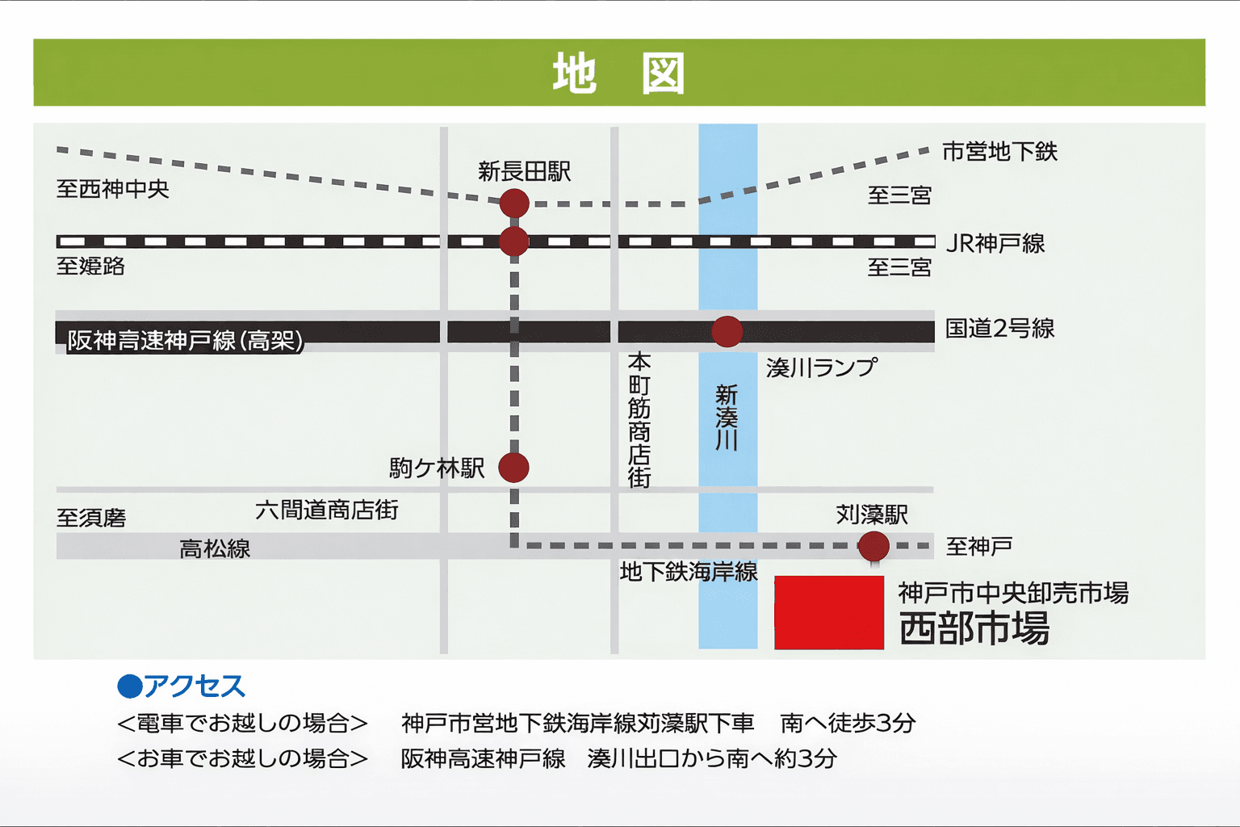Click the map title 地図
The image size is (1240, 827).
tap(618, 73)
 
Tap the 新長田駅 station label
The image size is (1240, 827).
tap(524, 171)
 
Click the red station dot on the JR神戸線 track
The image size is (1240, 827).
tap(514, 241)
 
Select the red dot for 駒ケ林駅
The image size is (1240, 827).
tap(513, 467)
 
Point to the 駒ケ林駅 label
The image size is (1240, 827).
tap(437, 468)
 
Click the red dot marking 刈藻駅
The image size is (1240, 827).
tap(873, 546)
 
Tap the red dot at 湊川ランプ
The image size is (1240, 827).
tap(727, 331)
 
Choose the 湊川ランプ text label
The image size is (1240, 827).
tap(821, 368)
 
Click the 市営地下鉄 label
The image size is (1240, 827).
tap(999, 152)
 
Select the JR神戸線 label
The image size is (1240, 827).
tap(995, 243)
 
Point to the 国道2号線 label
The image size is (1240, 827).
tap(999, 328)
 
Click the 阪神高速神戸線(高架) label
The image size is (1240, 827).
tap(185, 340)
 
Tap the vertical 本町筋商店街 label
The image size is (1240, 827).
tap(639, 419)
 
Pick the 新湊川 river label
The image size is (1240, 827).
tap(727, 417)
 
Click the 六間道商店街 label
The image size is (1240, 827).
tap(327, 510)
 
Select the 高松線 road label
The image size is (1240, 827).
tap(215, 549)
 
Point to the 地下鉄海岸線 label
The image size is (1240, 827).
tap(689, 572)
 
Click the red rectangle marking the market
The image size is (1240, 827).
tap(829, 612)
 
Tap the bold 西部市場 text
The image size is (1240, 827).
tap(974, 628)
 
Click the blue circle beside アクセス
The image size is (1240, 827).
tap(129, 686)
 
